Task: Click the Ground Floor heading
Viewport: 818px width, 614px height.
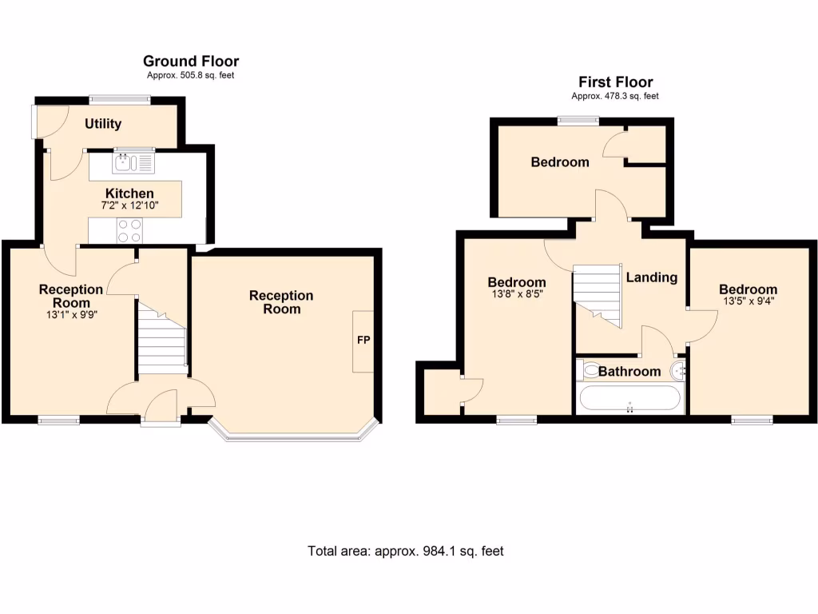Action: pos(191,61)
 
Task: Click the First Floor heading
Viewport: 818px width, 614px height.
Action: pos(615,82)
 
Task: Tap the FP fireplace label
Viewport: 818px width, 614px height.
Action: pos(363,340)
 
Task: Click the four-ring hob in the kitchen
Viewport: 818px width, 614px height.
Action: pos(130,230)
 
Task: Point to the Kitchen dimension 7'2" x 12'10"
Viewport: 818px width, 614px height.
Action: pos(129,205)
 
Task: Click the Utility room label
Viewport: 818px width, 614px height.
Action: pos(104,123)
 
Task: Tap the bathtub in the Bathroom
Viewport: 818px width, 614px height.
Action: pos(630,398)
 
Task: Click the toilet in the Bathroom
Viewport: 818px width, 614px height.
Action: pos(590,369)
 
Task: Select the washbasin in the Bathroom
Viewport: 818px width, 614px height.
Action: pos(679,370)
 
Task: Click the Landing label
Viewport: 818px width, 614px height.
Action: pos(651,277)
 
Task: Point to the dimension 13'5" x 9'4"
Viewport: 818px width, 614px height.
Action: pos(748,301)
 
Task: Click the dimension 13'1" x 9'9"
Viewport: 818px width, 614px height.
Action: pos(71,314)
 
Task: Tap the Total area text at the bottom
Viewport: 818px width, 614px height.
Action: pos(406,551)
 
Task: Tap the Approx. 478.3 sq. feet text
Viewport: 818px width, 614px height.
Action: pos(614,96)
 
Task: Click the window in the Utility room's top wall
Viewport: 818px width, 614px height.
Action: pos(119,99)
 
